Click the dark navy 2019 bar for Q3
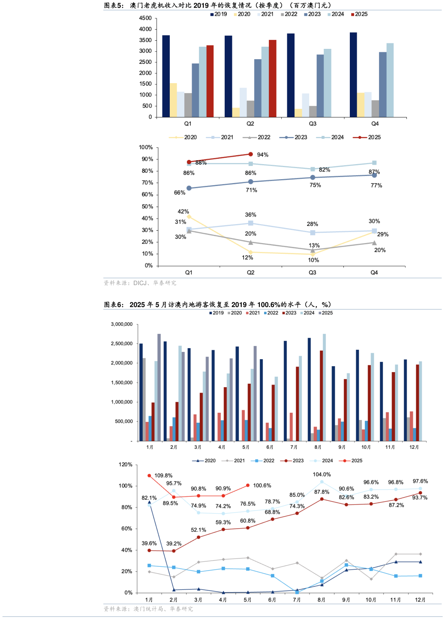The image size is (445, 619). tap(291, 75)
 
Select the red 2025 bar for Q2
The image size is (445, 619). tap(272, 78)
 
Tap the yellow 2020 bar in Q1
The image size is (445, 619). tap(173, 100)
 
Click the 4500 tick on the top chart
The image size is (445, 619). tap(145, 18)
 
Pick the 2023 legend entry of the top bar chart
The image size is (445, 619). tap(312, 14)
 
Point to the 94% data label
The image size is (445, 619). tap(262, 155)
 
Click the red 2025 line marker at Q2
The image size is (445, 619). tap(250, 154)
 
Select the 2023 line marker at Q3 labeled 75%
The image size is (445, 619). tap(313, 177)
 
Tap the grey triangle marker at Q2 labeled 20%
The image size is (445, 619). tap(251, 242)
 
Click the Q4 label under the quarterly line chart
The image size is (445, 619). tap(374, 273)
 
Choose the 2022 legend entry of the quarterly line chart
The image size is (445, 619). tap(257, 137)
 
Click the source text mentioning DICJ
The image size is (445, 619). tap(140, 283)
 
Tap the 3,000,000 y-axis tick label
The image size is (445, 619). tap(122, 325)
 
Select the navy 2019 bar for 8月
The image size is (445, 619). tap(309, 389)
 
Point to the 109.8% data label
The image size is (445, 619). tap(163, 475)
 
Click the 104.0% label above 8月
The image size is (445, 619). tap(322, 475)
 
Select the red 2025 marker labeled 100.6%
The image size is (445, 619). tap(248, 486)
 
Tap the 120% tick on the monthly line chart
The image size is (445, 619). tap(126, 465)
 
